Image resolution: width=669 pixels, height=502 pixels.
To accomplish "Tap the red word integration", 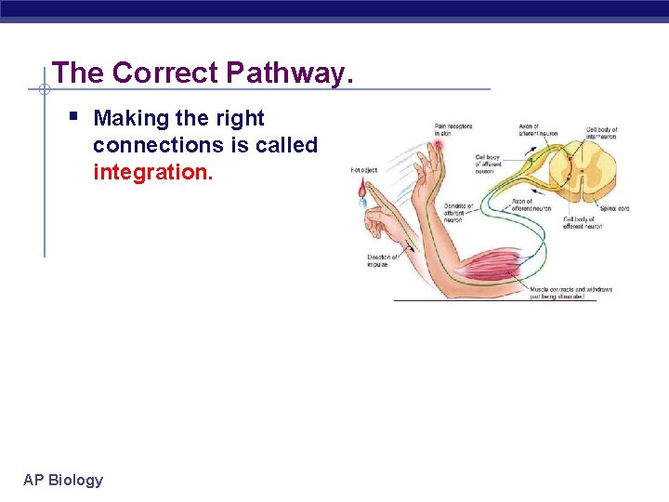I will (x=152, y=172).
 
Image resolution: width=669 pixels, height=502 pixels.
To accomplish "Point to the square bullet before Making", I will (x=73, y=117).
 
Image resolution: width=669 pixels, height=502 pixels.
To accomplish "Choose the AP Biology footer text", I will (x=63, y=480).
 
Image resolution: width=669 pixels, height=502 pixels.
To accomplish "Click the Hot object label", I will (x=363, y=170).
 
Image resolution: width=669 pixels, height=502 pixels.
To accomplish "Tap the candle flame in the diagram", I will (x=362, y=189).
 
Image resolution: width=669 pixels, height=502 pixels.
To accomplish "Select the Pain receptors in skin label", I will (x=452, y=129).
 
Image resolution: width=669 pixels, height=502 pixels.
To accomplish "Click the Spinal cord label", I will (x=613, y=208).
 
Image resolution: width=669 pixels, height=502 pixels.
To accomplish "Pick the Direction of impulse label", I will (x=382, y=260).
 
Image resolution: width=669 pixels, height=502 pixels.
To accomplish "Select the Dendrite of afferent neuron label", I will (x=458, y=213).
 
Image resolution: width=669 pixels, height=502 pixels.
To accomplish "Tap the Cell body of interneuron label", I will (x=602, y=133).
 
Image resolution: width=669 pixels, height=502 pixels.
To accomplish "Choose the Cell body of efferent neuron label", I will (x=583, y=223).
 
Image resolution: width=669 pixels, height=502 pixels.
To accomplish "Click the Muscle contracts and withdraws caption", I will (x=571, y=293).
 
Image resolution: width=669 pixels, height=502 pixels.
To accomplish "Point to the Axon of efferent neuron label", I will (x=531, y=205).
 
